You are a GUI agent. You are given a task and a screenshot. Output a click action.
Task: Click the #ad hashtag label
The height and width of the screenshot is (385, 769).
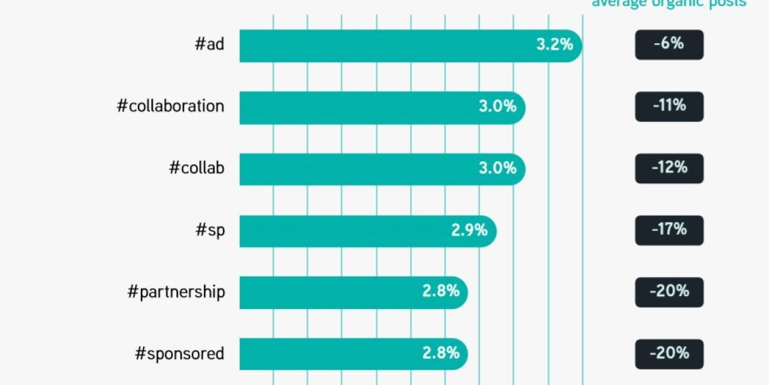click(209, 44)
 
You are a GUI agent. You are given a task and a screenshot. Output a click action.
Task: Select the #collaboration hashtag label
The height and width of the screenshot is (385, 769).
click(170, 106)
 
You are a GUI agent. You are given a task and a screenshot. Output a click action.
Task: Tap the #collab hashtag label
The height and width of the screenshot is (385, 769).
click(197, 168)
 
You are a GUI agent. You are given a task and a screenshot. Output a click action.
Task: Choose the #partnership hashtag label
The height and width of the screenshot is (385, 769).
click(176, 292)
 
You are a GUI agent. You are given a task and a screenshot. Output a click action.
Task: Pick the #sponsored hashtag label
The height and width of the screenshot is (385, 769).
click(179, 353)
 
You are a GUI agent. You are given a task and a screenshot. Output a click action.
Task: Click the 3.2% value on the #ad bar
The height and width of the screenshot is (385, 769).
click(554, 44)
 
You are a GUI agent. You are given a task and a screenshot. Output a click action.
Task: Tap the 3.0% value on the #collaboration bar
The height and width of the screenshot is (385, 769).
click(497, 106)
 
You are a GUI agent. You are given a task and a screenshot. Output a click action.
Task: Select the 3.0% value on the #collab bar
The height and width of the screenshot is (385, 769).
click(497, 168)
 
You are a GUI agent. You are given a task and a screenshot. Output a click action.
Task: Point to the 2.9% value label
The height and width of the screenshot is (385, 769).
click(469, 230)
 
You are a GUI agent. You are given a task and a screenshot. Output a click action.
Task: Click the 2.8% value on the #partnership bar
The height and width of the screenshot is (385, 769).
click(441, 291)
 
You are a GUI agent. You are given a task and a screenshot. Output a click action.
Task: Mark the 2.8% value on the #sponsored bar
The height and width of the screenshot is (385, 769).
click(441, 353)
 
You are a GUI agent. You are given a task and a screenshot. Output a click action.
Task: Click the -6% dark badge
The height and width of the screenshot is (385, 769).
click(669, 44)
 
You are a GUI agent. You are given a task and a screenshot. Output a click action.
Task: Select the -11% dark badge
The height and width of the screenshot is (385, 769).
click(669, 106)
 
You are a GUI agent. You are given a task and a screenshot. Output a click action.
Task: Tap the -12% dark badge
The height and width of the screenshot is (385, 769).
click(669, 168)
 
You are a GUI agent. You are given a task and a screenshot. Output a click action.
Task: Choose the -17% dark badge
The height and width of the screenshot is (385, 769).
click(669, 230)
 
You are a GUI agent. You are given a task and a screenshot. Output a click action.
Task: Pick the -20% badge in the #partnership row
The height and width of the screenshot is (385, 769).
click(669, 291)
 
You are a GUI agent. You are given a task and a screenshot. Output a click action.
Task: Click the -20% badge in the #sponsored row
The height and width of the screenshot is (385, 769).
click(669, 353)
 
